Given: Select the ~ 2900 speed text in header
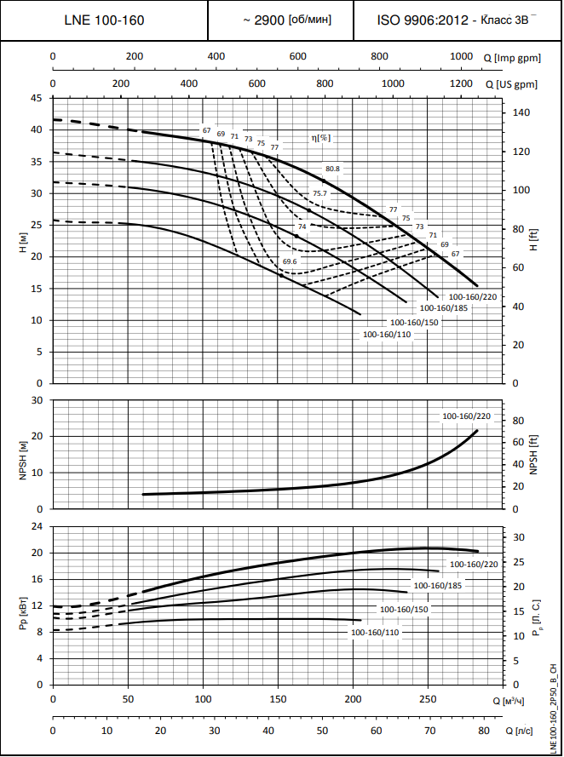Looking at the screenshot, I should point(281,19).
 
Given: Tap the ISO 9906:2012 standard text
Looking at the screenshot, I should point(458,19).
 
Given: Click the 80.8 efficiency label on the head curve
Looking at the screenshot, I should point(332,169).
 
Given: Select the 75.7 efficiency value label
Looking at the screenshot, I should point(319,194).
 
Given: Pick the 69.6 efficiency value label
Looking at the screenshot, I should point(290,261).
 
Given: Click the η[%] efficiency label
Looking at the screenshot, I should point(320,137).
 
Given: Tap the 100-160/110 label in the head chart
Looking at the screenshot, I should point(387,335).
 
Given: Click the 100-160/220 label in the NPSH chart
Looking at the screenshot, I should point(466,416).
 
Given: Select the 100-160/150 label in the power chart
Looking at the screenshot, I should point(403,610).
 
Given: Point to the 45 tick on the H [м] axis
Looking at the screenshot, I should point(36,98).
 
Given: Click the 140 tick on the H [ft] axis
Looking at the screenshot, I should point(521,112).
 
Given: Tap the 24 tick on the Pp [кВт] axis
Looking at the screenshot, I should point(37,526).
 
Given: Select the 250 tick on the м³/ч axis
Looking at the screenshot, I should point(427,699).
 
